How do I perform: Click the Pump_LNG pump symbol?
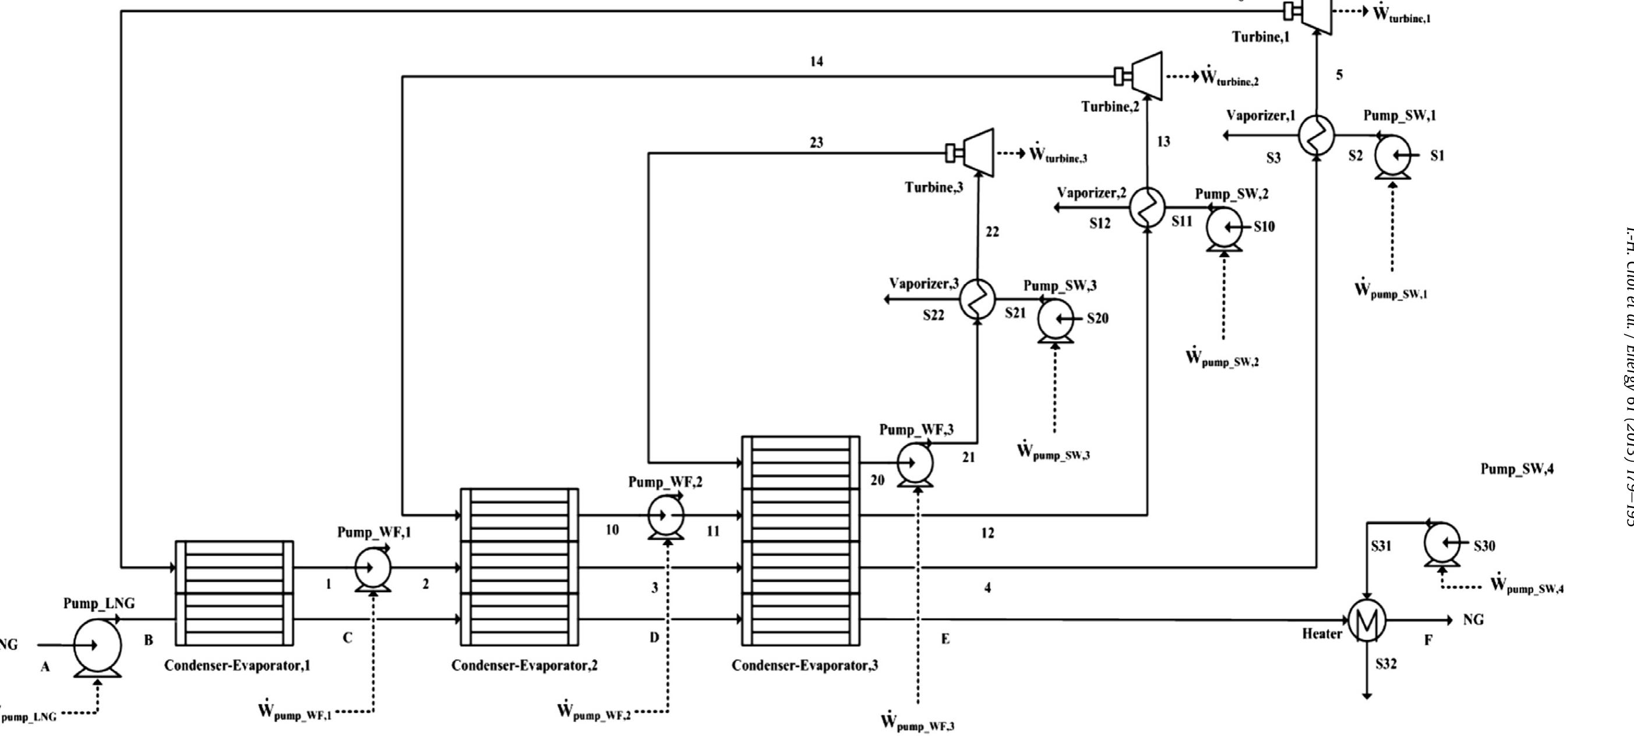click(x=97, y=645)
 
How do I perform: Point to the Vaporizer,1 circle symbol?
click(x=1316, y=135)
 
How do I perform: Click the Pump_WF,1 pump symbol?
click(x=372, y=568)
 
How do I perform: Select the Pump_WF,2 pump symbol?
click(x=666, y=516)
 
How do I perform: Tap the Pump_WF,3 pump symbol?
click(x=915, y=464)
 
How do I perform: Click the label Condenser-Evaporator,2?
click(x=524, y=666)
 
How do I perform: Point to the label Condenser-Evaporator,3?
click(x=804, y=666)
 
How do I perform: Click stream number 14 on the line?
click(x=816, y=62)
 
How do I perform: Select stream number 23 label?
click(x=816, y=143)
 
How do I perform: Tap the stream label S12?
click(x=1100, y=223)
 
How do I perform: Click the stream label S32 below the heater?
click(x=1386, y=664)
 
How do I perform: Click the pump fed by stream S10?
click(x=1223, y=228)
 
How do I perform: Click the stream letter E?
click(x=945, y=639)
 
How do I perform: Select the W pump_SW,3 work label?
click(x=1054, y=452)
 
